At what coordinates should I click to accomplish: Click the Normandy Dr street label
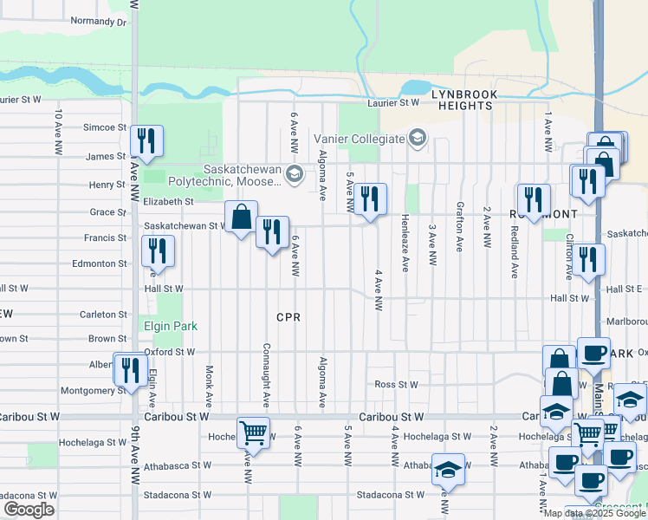(98, 21)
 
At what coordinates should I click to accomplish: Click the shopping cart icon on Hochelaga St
(253, 432)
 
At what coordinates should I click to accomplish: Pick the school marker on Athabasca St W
(447, 469)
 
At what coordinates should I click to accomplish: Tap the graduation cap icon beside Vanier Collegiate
(418, 139)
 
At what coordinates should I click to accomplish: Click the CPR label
(288, 318)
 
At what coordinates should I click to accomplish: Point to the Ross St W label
(396, 385)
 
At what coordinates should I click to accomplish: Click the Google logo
(29, 510)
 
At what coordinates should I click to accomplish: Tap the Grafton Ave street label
(458, 227)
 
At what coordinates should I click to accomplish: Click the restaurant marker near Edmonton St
(158, 251)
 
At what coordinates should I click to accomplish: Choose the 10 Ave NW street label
(57, 126)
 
